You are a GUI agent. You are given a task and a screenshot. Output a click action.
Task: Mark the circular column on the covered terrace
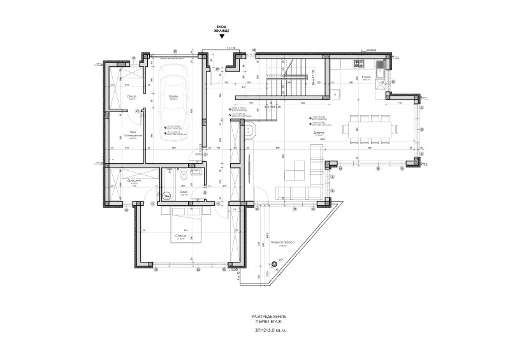pyautogui.click(x=275, y=263)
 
